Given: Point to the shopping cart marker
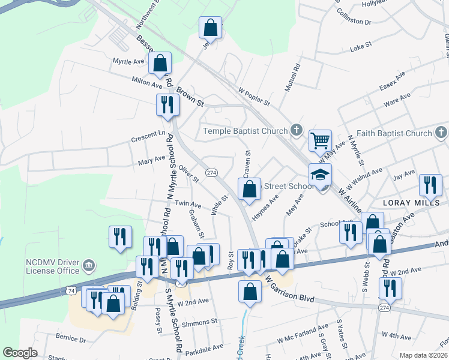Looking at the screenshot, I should point(321,142).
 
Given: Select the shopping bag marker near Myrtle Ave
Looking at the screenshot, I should point(160,63).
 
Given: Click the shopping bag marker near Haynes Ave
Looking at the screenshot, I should point(249,189).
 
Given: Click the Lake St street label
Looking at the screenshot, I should point(361,46).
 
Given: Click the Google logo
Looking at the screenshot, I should point(20,353).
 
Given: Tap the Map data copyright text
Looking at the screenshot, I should point(424,355).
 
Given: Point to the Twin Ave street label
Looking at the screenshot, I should point(188,205).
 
